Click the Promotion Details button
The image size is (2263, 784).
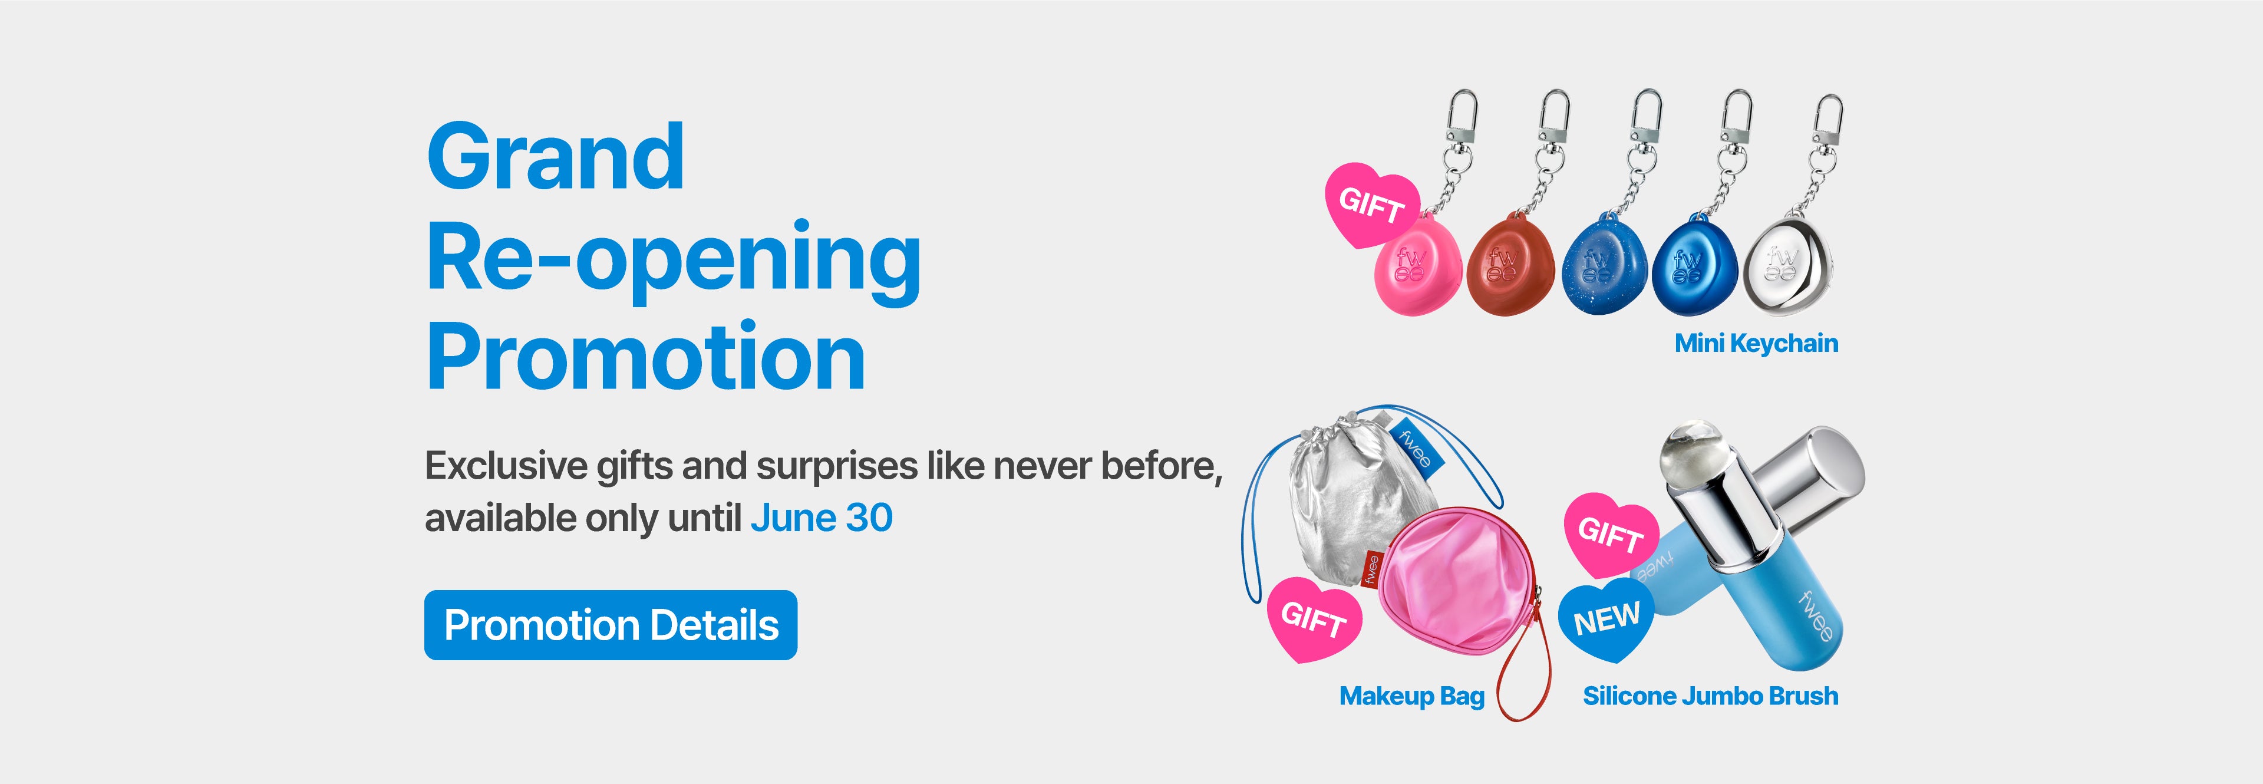611,625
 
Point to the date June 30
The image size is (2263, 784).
822,518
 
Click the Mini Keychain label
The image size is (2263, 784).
1756,343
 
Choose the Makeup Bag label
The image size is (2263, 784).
1412,696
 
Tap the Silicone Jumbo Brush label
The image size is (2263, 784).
1710,696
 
